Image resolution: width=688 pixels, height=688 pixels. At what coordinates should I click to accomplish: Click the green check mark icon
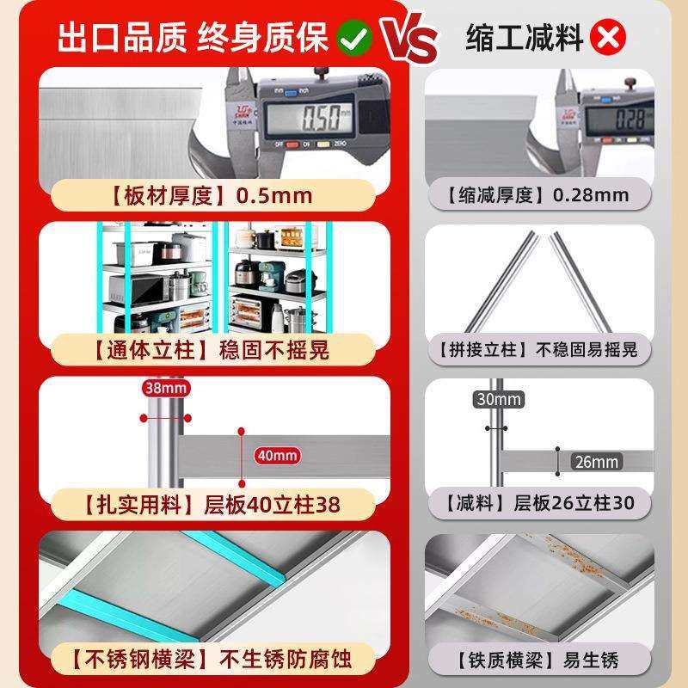pos(353,38)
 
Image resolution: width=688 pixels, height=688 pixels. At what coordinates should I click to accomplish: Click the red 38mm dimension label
pos(164,388)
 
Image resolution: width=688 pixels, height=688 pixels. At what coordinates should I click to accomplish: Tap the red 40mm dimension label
pos(276,455)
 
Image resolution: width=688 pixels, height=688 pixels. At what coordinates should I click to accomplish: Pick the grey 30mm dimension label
pos(498,399)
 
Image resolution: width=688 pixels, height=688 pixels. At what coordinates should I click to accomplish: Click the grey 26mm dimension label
pos(595,462)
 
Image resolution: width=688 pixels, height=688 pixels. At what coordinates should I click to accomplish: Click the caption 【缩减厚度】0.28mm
pos(537,194)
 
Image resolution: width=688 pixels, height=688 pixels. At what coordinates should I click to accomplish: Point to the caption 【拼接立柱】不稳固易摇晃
pos(537,349)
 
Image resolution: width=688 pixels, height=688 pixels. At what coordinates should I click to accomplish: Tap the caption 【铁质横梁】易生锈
pos(537,660)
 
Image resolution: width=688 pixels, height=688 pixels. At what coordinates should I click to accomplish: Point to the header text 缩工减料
pos(525,38)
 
